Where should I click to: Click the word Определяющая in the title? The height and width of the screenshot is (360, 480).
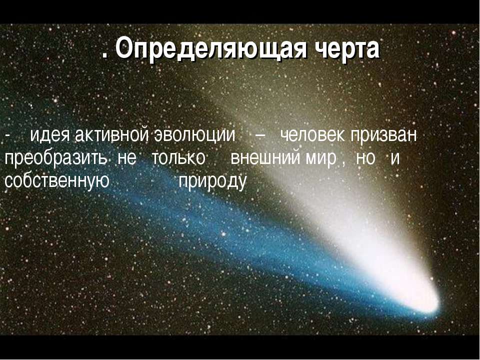pos(211,48)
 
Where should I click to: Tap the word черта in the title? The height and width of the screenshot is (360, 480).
pos(348,48)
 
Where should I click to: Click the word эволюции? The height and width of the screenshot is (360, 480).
pos(194,135)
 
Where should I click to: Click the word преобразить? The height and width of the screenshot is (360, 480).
pos(55,159)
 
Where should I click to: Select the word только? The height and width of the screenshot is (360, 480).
pos(178,158)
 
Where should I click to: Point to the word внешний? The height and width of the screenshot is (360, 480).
pos(265,158)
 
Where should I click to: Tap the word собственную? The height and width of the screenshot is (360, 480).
pos(57,181)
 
